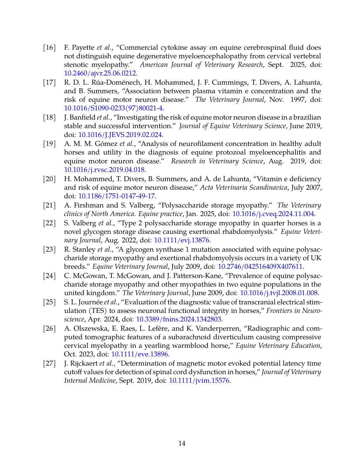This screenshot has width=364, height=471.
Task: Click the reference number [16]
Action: tap(49, 47)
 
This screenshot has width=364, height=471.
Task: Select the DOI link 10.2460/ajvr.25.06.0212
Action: tap(100, 73)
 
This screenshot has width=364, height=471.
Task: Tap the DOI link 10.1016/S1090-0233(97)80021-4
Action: tap(113, 108)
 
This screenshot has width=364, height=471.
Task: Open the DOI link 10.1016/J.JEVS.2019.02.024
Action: tap(120, 135)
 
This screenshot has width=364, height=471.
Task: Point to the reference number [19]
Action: tap(49, 144)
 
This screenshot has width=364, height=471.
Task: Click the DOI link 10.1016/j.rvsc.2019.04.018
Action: tap(104, 170)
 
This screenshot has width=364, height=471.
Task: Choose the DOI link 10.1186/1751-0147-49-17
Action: tap(116, 196)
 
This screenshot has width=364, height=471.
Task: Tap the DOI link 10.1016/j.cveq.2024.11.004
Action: tap(273, 214)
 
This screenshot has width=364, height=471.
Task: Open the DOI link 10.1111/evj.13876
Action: tap(181, 240)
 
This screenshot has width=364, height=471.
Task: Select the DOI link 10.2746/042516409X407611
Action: tap(260, 266)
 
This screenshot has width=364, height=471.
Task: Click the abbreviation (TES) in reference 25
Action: tap(96, 311)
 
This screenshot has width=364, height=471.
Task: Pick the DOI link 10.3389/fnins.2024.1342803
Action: tap(179, 319)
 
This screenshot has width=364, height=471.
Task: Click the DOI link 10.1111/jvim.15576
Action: tap(199, 381)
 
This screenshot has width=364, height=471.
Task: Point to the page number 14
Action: tap(182, 443)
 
